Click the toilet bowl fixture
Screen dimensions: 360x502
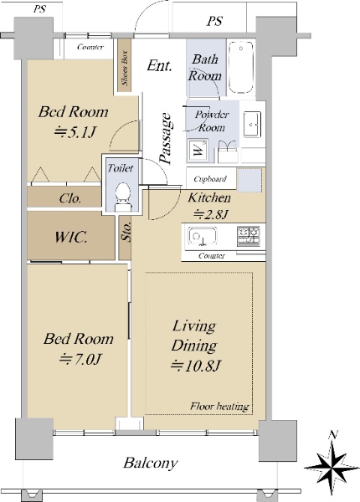point(123,197)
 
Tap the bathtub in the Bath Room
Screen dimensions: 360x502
point(241,68)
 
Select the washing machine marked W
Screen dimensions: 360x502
point(198,149)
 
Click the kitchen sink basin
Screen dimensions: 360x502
point(202,236)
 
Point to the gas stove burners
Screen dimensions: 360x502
point(249,236)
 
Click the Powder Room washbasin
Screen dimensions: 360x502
point(252,124)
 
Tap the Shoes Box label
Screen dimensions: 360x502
point(125,68)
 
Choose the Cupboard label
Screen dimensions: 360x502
point(210,179)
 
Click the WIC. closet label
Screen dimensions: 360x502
point(71,238)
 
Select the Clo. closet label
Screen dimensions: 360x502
point(70,198)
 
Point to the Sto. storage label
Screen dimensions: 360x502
point(126,232)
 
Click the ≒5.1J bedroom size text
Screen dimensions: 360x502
point(75,132)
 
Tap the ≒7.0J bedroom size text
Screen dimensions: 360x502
point(80,359)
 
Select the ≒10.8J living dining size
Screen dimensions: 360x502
point(196,366)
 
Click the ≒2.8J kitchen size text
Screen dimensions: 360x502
point(211,214)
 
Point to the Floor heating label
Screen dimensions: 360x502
point(219,407)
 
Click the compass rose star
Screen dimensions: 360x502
point(332,467)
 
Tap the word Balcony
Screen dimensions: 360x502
point(150,463)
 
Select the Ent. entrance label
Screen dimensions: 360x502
point(160,66)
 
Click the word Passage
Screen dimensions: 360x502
point(166,138)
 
